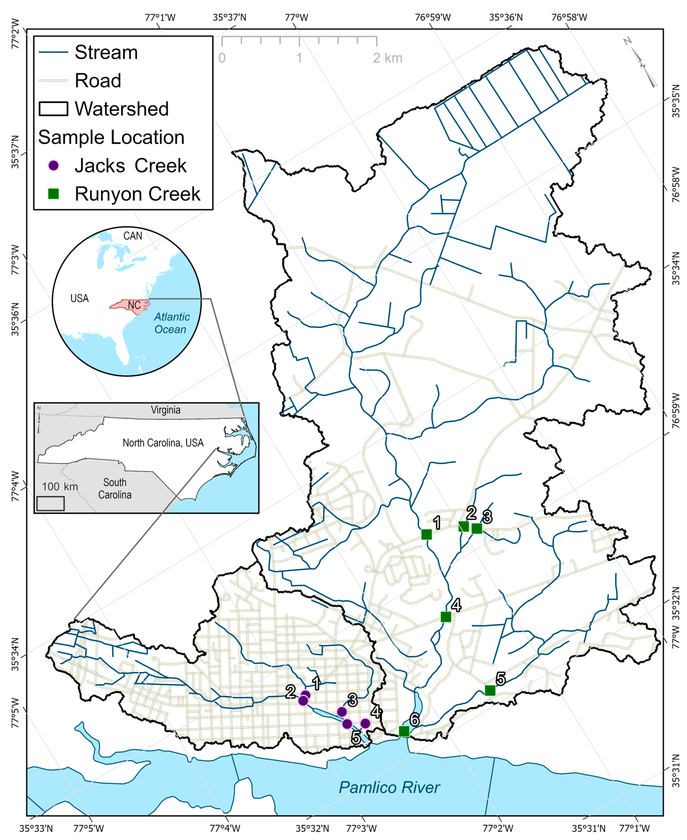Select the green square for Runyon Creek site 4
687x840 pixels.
pos(446,617)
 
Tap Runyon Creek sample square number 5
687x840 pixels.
pos(490,690)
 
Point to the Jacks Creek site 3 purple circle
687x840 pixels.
pos(342,712)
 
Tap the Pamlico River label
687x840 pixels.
pos(389,787)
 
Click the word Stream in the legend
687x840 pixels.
pos(106,52)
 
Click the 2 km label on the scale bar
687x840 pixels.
pos(387,58)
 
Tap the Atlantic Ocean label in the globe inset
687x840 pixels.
pos(171,323)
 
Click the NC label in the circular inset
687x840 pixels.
pos(134,305)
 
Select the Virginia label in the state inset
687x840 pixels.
pos(165,410)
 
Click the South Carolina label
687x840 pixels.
pos(115,488)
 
